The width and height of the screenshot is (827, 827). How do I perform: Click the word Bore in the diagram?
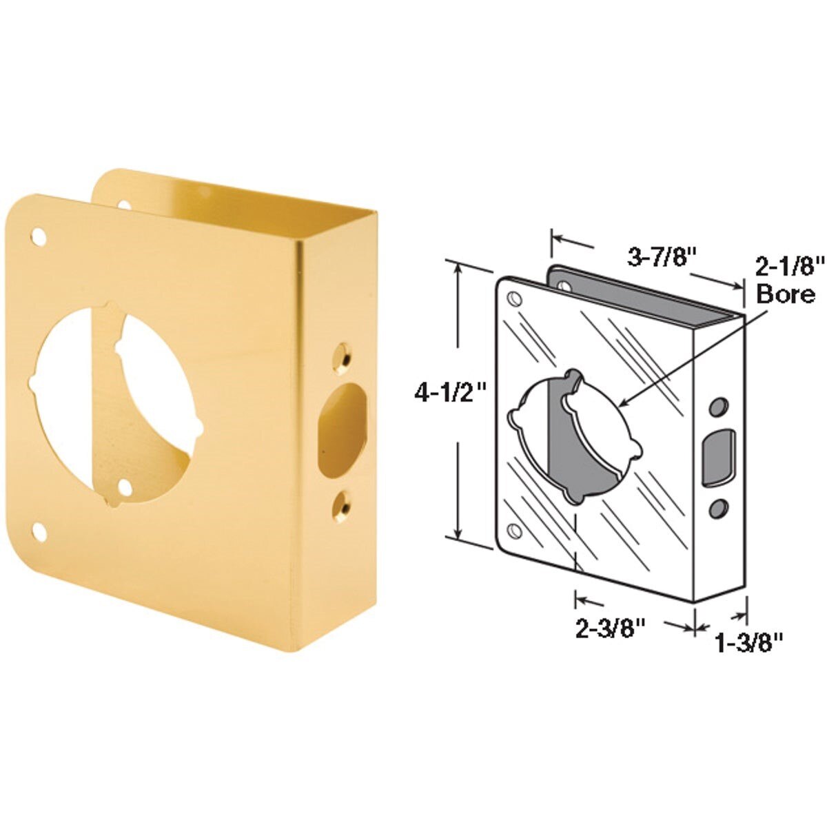click(785, 294)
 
